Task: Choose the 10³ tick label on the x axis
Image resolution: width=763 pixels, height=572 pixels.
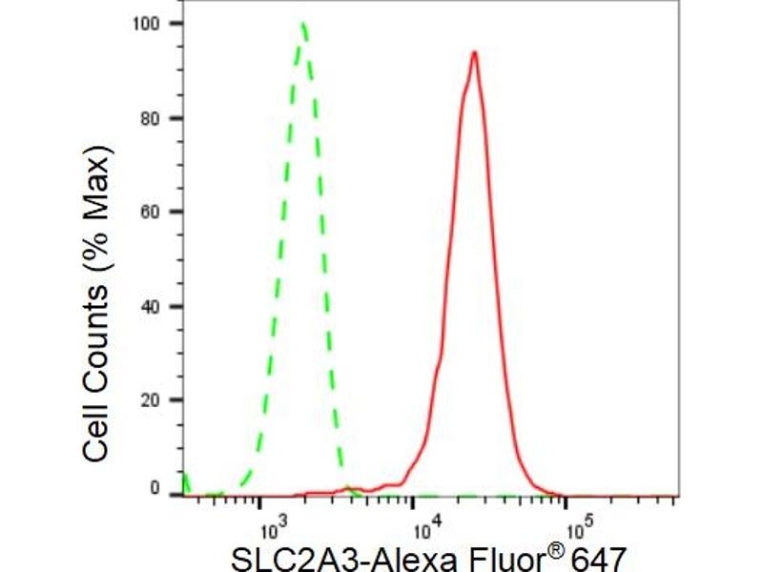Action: click(273, 525)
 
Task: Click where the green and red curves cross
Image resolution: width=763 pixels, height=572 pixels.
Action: click(347, 491)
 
